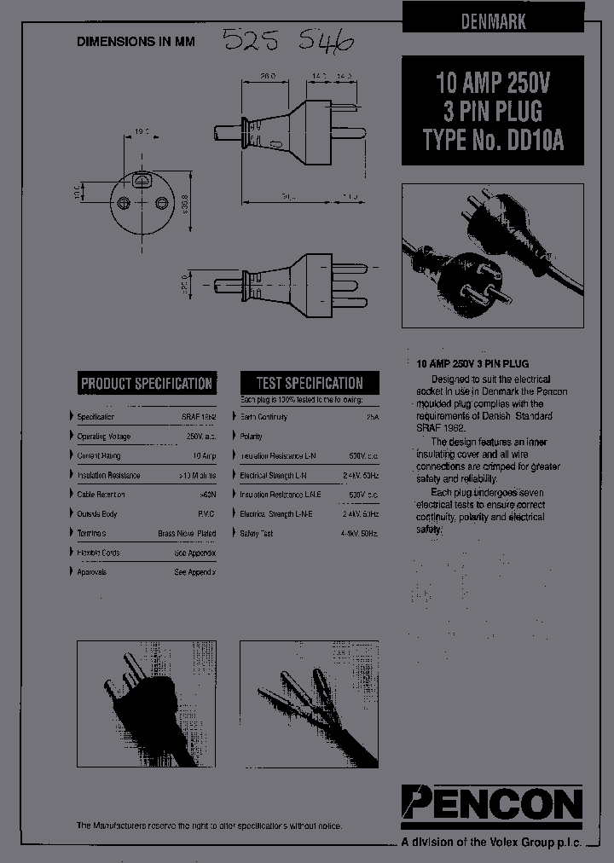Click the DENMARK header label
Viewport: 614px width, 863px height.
click(x=494, y=23)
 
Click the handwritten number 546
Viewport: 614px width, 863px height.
click(x=323, y=39)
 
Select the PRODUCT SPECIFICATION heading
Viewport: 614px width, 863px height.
click(x=146, y=383)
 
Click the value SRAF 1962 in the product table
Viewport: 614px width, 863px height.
click(x=199, y=417)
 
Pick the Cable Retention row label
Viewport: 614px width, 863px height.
click(x=101, y=495)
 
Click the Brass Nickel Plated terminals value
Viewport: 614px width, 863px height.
click(x=187, y=533)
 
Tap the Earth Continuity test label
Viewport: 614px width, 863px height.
click(x=264, y=417)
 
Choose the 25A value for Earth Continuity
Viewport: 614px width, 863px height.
click(x=371, y=417)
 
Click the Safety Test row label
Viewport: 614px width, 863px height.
click(x=257, y=533)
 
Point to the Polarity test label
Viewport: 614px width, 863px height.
click(x=252, y=437)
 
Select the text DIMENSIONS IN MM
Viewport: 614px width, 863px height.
click(x=136, y=41)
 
